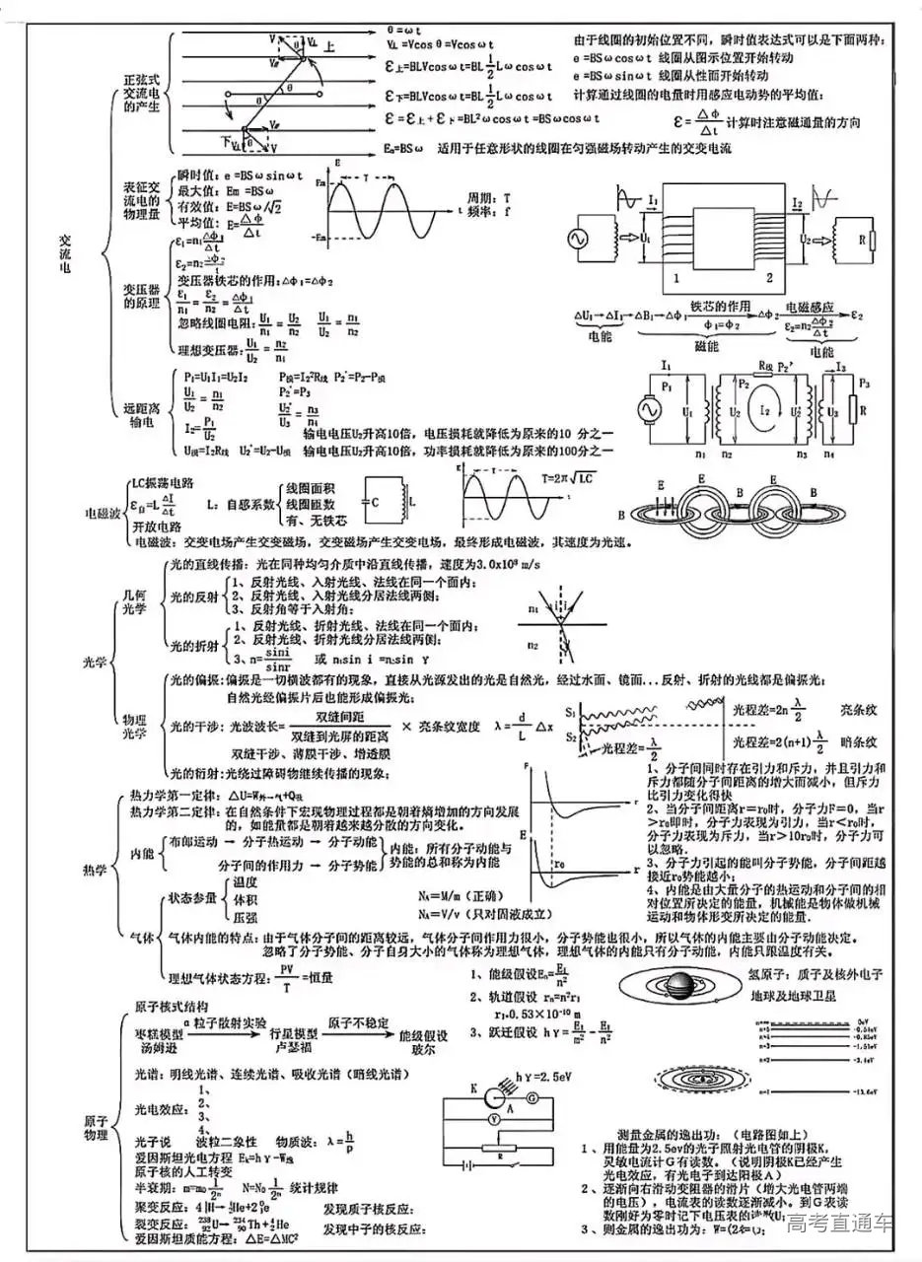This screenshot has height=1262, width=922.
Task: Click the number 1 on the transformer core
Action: [677, 279]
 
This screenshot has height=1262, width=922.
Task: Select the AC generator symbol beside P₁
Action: [651, 406]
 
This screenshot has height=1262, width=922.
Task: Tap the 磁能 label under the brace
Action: [706, 347]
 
